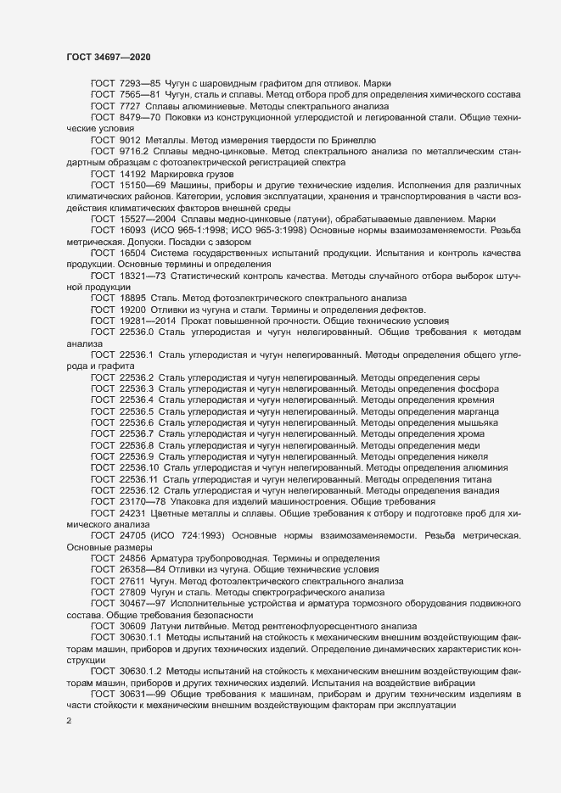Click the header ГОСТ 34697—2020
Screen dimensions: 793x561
tap(109, 56)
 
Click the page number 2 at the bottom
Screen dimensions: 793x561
tap(70, 723)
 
